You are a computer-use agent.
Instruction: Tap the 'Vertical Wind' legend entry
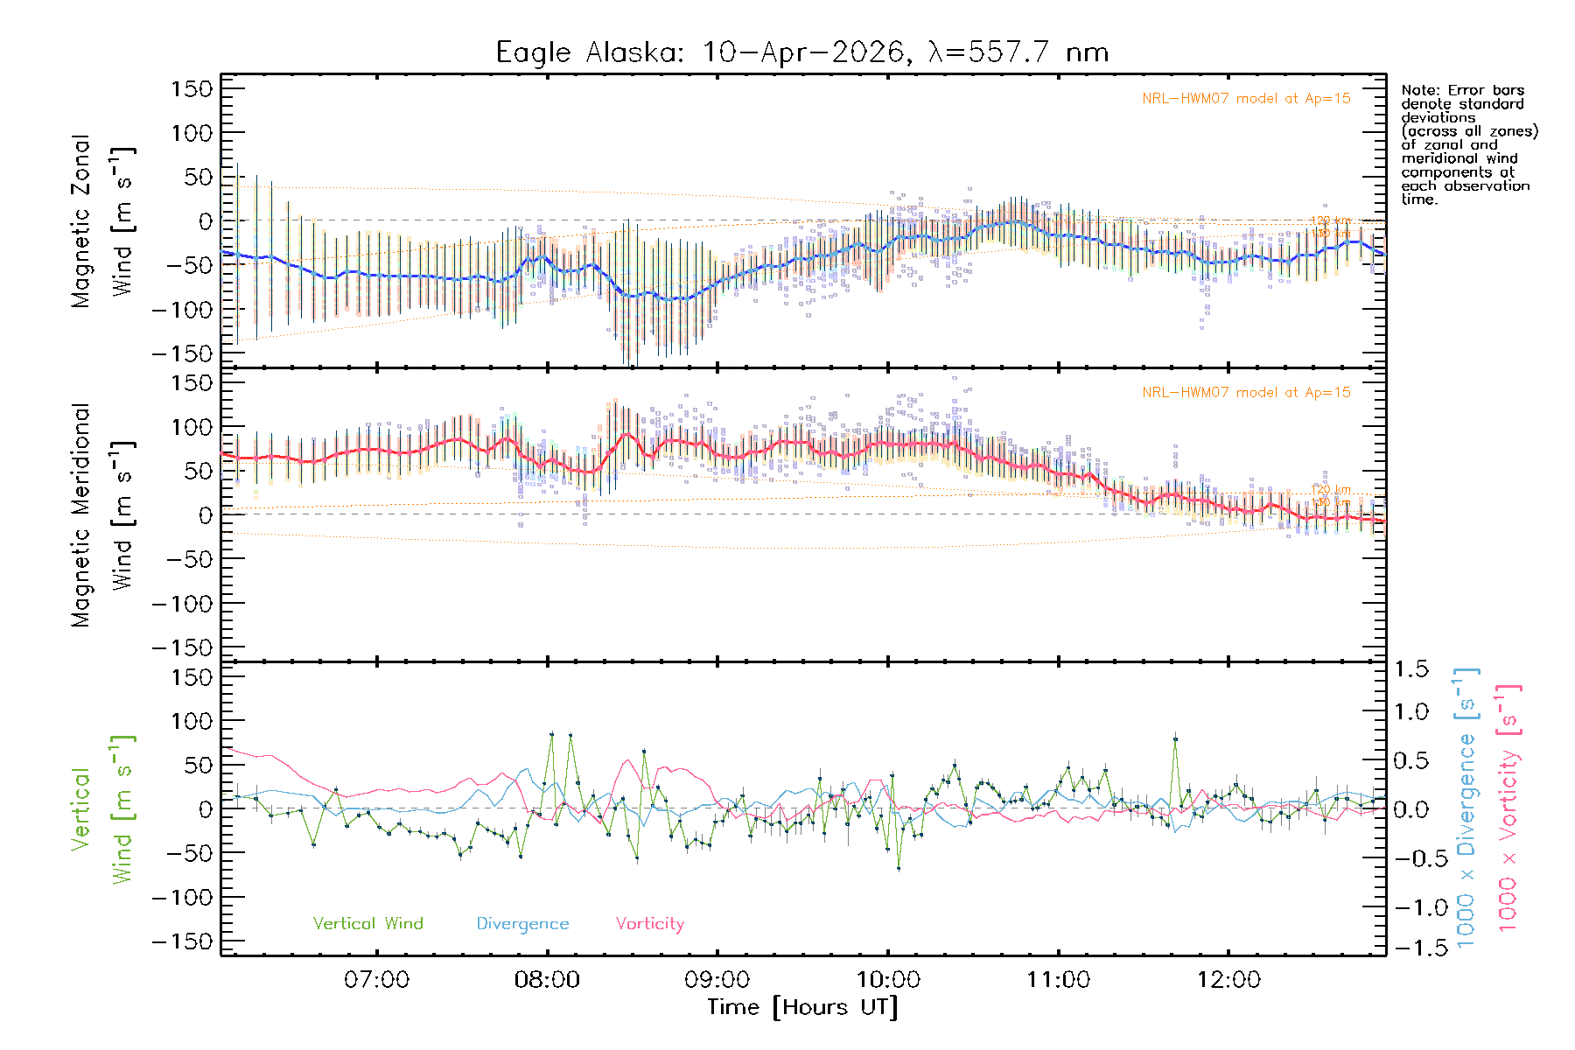click(367, 923)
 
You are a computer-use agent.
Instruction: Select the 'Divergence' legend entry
click(522, 924)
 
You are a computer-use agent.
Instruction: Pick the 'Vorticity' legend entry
click(649, 923)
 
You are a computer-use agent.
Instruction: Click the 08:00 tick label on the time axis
click(547, 979)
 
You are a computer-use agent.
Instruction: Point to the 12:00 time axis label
click(1228, 979)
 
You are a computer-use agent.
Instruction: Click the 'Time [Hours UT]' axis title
click(802, 1007)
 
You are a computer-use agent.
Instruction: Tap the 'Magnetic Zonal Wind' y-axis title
click(103, 221)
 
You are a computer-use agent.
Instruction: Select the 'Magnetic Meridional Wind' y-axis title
click(103, 515)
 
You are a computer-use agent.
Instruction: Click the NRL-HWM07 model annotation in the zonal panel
click(1246, 98)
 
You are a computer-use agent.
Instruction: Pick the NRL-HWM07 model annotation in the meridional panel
click(1246, 392)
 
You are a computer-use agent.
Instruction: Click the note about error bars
click(1469, 144)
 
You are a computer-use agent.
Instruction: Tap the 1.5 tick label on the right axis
click(1410, 669)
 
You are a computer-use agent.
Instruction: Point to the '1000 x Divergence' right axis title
click(1466, 808)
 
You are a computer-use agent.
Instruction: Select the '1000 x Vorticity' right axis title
click(1508, 808)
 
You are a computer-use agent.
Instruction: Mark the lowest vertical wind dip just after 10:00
click(899, 868)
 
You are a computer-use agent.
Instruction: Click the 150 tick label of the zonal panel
click(192, 88)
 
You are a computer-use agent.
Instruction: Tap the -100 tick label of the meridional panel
click(182, 603)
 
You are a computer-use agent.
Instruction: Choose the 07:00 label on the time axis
click(376, 979)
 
